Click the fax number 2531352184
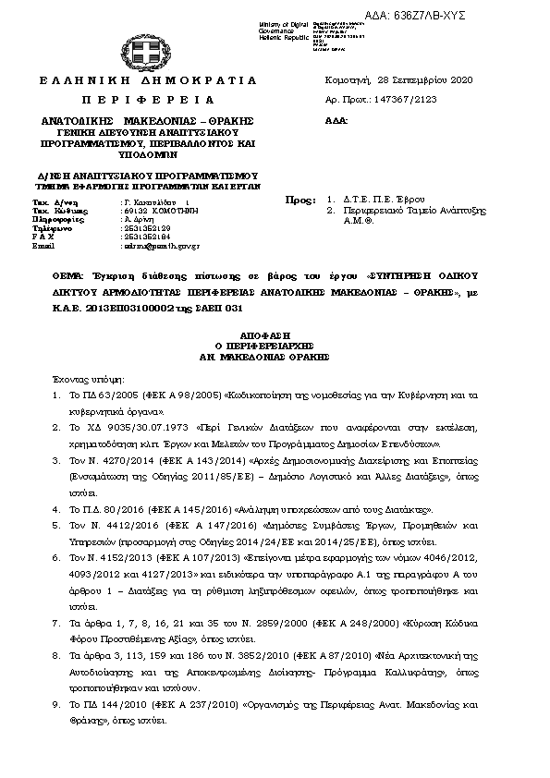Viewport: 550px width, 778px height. (147, 237)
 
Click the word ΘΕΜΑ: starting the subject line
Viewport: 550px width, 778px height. (67, 275)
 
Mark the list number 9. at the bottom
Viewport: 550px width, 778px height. (56, 703)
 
